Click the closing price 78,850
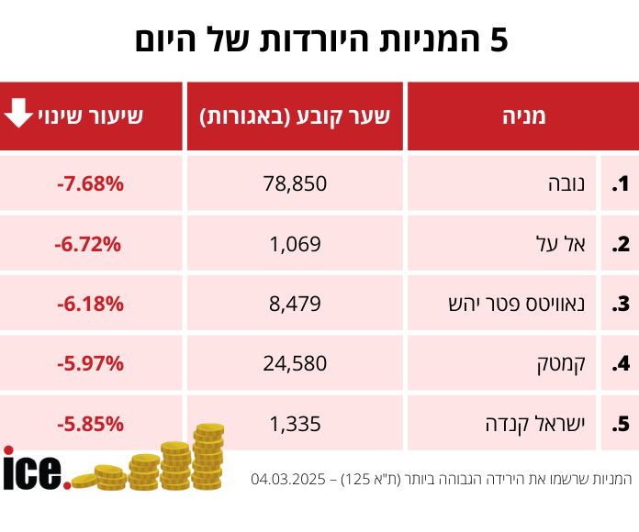pos(295,183)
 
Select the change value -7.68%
pos(90,183)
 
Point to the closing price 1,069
pos(295,244)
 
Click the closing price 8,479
pos(295,304)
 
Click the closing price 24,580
pos(295,363)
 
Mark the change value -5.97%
pos(90,363)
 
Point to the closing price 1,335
pos(295,424)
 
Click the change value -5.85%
pos(90,424)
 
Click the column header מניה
pos(523,116)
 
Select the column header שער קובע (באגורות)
pos(295,116)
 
